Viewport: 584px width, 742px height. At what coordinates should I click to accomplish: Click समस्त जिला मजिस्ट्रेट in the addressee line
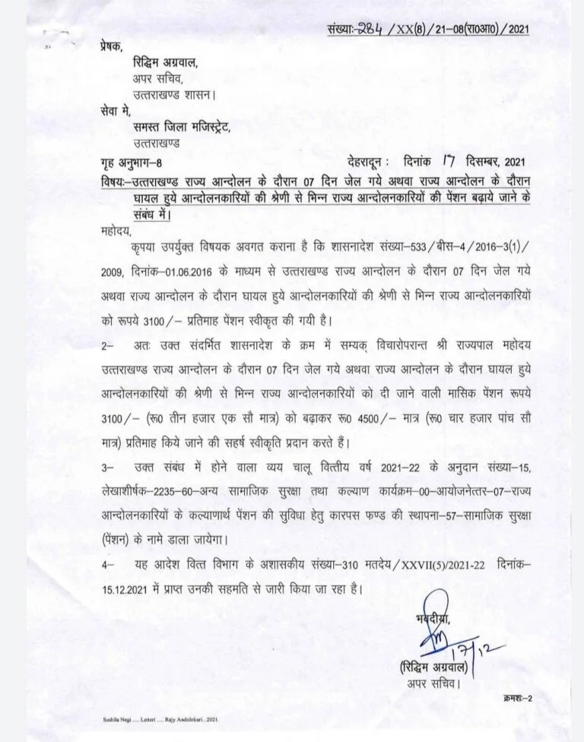pos(179,127)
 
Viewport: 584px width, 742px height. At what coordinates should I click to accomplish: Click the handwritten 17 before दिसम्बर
pos(452,160)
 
